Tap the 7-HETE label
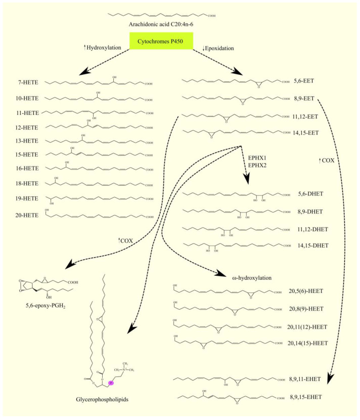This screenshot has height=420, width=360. click(26, 82)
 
